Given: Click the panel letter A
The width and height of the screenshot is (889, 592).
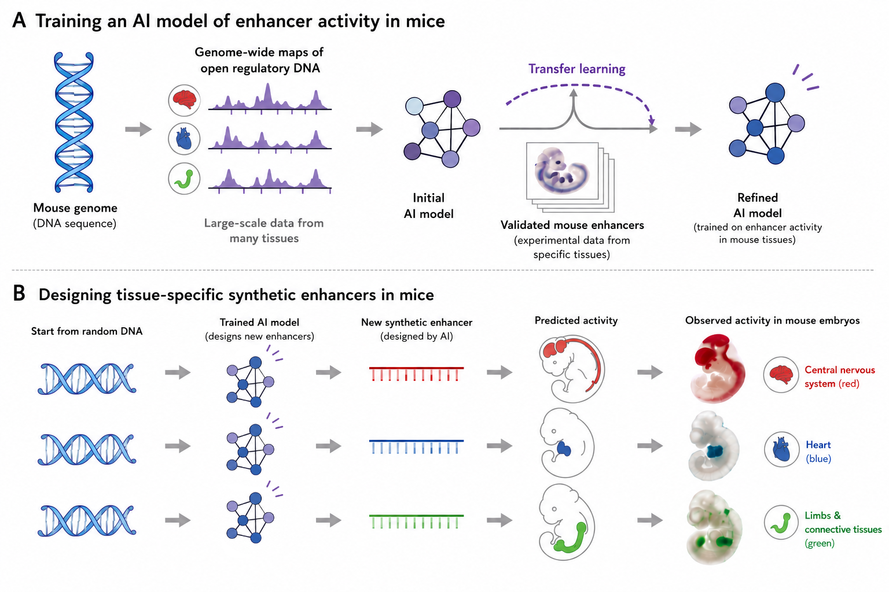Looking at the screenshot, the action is coord(19,20).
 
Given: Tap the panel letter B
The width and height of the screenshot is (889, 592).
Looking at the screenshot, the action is coord(19,294).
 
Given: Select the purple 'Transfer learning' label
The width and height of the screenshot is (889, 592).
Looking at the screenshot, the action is coord(576,69).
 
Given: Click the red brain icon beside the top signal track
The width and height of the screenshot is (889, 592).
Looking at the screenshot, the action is coord(184,100).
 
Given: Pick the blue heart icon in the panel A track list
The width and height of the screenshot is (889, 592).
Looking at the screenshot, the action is coord(184,139).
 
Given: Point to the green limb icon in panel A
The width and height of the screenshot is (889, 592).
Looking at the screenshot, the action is coord(184,179).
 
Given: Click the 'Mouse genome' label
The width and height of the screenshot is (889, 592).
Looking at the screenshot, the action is coord(75,208).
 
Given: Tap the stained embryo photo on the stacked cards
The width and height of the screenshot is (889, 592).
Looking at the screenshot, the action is coord(561,171).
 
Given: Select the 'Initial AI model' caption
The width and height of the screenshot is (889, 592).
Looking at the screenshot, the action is coord(429,206).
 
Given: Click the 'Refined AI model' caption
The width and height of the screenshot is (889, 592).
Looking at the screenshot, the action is coord(757,205).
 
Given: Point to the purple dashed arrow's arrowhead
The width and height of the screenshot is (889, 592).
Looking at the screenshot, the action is coord(651,120).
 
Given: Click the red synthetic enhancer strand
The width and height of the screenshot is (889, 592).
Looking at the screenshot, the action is coord(416,374).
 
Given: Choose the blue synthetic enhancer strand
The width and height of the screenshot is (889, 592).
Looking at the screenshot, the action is coord(416,446).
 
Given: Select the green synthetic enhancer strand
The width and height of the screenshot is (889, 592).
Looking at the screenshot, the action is coord(416,521).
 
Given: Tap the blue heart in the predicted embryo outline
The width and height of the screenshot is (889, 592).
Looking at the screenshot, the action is coord(564,449).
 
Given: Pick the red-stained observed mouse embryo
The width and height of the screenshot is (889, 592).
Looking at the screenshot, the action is coord(717,369).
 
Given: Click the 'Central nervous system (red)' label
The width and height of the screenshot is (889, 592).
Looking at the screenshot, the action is coord(839,377).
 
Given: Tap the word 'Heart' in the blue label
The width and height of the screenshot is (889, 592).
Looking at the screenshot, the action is coord(818,445).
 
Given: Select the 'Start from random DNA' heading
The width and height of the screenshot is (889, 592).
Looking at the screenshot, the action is coord(86,331).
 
